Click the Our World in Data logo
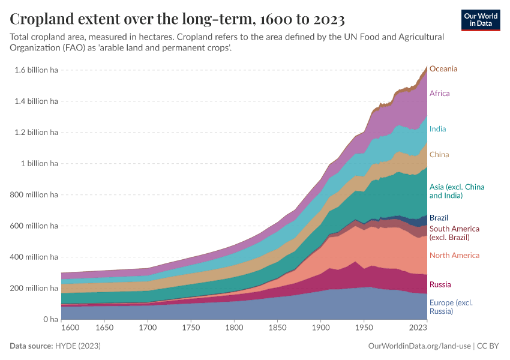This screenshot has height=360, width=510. [481, 20]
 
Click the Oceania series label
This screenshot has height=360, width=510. [443, 68]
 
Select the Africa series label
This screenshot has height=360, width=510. [439, 94]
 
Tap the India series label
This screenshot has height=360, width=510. [437, 129]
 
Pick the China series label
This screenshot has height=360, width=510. [439, 155]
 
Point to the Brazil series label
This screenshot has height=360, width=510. [439, 218]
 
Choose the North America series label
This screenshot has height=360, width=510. [454, 256]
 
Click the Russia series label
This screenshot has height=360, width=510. [440, 284]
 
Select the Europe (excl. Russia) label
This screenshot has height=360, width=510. [451, 307]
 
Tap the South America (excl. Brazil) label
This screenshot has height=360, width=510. [454, 233]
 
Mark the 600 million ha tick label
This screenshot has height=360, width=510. [34, 226]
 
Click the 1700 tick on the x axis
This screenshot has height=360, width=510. [148, 328]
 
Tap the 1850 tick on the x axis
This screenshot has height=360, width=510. [278, 328]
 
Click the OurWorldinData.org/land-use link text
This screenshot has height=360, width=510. [418, 346]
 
